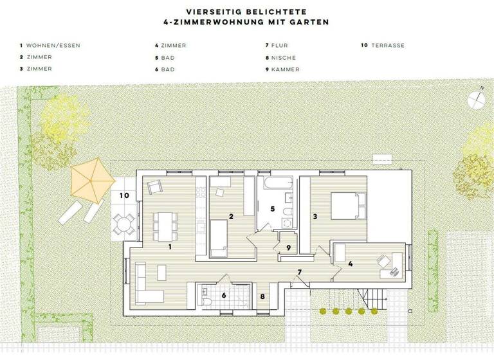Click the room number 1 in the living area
coord(170,246)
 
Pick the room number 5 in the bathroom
coord(273,209)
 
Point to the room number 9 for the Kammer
coord(289,248)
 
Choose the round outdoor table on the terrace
coord(123,224)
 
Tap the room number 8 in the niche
coord(262,296)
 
